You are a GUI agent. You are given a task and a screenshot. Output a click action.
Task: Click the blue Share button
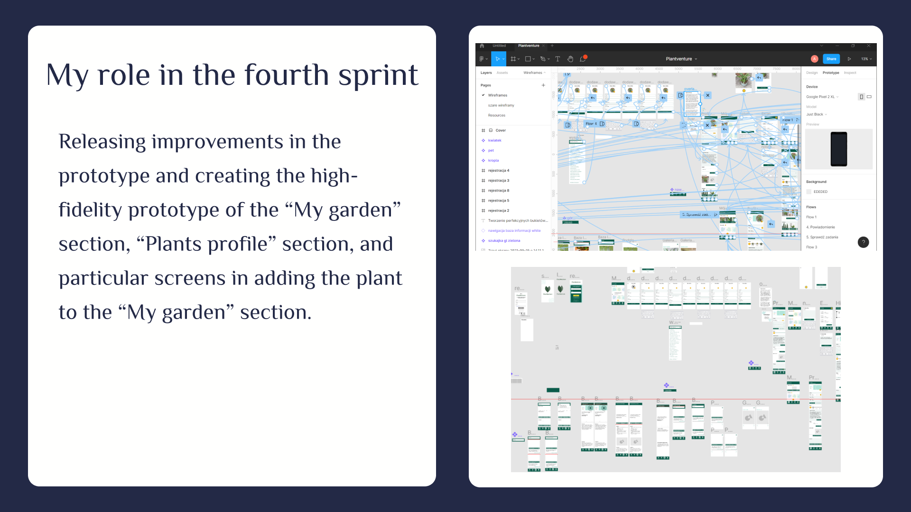pos(831,59)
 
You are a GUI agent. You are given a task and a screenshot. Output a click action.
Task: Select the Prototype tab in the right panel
pos(830,73)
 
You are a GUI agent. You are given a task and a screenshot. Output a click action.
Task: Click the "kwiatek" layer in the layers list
pos(494,140)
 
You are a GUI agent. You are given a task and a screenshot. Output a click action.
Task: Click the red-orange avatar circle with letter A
pos(814,59)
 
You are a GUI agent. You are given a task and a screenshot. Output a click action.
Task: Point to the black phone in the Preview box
pos(838,149)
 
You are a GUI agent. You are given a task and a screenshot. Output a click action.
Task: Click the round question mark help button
pos(863,242)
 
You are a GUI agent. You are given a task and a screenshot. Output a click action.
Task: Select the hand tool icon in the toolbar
pos(570,59)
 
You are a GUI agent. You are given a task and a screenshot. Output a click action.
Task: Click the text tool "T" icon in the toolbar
pos(558,59)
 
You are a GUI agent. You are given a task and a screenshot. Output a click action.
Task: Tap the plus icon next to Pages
pos(543,85)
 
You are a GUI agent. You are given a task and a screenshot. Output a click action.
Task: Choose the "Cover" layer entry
pos(501,130)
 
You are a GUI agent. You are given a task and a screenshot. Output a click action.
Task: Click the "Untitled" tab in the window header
pos(499,46)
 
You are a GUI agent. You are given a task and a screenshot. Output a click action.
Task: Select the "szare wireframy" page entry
pos(501,105)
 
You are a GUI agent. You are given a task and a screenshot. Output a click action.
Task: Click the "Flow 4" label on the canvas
pos(591,124)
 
